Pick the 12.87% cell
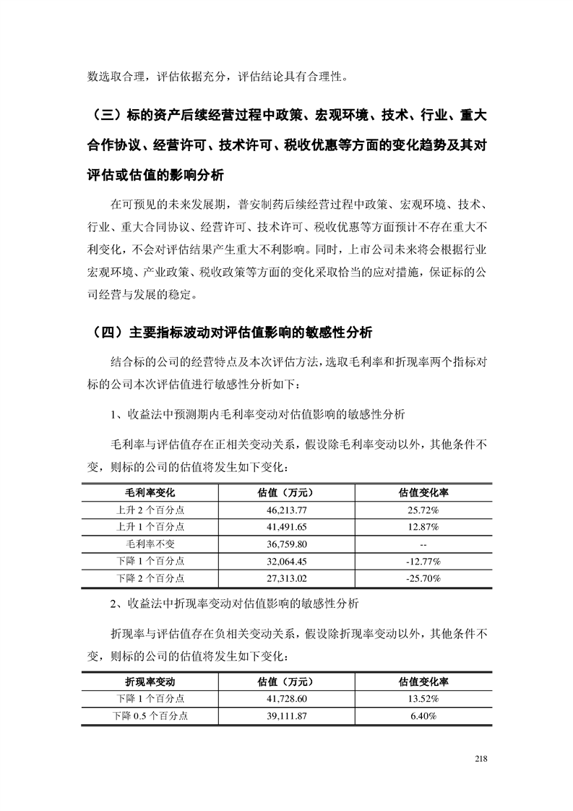(x=423, y=527)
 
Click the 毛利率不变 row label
(x=150, y=544)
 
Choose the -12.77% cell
(x=423, y=561)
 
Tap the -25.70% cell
(x=423, y=578)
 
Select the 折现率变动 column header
(x=150, y=682)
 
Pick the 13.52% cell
(x=423, y=699)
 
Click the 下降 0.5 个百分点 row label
(x=150, y=716)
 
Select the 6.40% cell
(x=423, y=716)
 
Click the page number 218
(x=482, y=758)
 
